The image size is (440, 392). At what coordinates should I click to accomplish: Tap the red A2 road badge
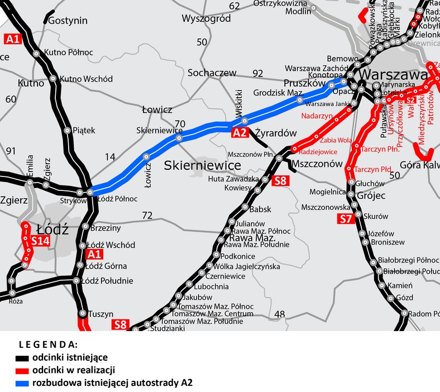(240, 132)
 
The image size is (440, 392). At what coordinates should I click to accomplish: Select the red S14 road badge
(40, 241)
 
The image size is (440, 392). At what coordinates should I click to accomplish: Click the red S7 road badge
(346, 219)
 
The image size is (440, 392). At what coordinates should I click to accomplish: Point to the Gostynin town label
(68, 21)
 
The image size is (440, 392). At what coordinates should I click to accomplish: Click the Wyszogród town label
(206, 19)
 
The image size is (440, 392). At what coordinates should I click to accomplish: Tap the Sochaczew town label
(212, 73)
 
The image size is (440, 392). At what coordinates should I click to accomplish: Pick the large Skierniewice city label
(202, 165)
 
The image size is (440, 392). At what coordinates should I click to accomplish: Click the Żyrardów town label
(275, 133)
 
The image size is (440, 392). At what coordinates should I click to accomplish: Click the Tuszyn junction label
(101, 314)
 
